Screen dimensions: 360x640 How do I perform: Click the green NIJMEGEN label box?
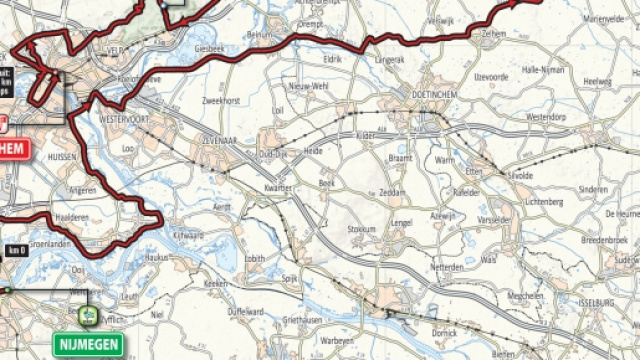tap(89, 346)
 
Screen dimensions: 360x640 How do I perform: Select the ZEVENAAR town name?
tap(223, 140)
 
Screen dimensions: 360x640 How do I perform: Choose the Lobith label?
tap(256, 258)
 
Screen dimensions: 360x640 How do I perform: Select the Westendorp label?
tap(545, 116)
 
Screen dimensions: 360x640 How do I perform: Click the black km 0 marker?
tap(15, 250)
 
